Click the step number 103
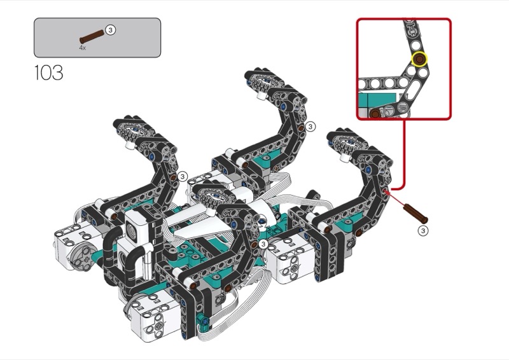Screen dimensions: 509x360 49,73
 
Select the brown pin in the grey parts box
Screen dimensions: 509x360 92,36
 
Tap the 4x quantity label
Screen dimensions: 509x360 83,48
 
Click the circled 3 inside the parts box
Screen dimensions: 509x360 111,30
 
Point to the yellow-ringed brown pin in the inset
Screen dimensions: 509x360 419,59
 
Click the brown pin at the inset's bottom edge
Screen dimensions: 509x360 375,113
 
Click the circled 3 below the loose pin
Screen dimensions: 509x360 422,230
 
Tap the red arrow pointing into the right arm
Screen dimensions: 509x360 394,198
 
